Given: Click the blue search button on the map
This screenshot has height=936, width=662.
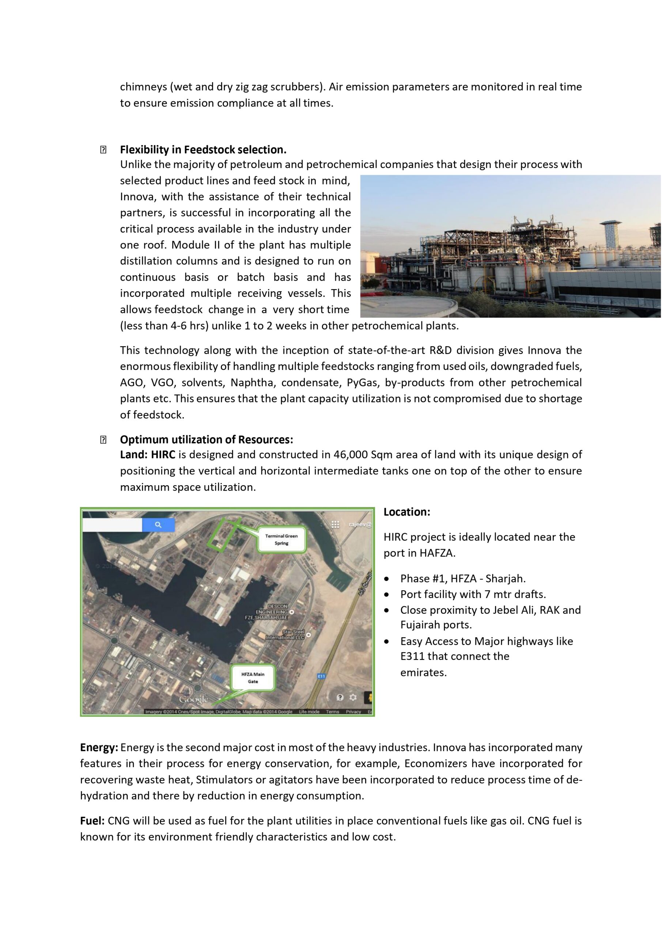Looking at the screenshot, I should pos(158,525).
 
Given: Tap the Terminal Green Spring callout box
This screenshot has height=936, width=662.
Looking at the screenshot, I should pos(281,539).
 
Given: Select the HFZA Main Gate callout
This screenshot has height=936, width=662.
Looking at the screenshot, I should pos(253,678).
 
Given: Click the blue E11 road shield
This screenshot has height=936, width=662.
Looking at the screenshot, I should pos(321,676).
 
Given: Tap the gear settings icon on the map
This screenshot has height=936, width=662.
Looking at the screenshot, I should pos(353,697).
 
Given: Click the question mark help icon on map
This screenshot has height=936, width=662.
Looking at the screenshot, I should pos(340,697).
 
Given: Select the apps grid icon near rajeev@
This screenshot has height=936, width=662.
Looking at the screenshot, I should pos(335,524).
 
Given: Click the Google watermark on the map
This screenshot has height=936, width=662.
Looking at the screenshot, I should pos(194,699).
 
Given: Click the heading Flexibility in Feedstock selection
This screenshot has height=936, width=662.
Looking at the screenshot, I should pos(203,150).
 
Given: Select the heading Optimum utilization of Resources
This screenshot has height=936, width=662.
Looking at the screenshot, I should pos(206,439).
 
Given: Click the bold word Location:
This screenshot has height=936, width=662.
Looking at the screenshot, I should pos(406,512).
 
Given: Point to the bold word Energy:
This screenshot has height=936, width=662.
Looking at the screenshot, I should pos(99,747).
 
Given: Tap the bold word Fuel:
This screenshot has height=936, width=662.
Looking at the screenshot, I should pos(92,820).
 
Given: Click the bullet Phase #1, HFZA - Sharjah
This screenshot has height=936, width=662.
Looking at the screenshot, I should pos(463,578).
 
